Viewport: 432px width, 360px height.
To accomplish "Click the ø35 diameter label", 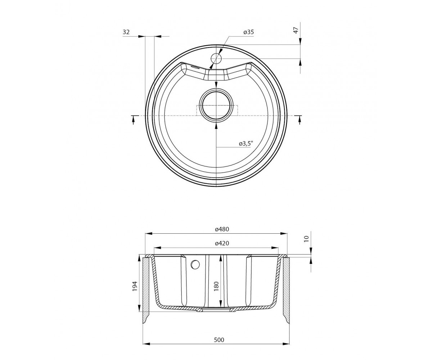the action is (x=248, y=32).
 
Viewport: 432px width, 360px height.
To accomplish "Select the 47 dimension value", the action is (x=296, y=30).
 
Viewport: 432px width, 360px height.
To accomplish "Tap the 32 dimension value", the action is (x=126, y=32).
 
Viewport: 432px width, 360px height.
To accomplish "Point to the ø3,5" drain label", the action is (x=246, y=144).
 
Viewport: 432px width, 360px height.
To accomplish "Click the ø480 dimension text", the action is (x=222, y=229).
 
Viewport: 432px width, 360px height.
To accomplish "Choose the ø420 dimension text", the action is (x=222, y=243).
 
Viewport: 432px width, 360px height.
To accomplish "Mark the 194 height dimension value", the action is (x=135, y=286).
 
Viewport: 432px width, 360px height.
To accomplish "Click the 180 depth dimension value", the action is (x=216, y=286).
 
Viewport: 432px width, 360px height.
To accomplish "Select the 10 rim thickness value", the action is (x=307, y=239).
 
